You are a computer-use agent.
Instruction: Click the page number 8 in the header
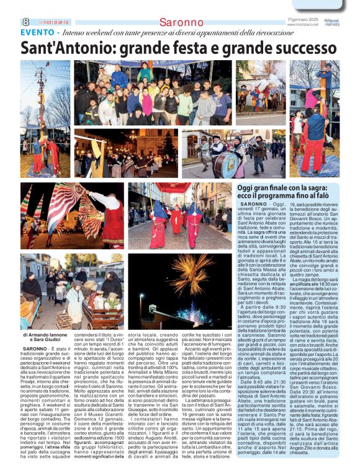[25, 22]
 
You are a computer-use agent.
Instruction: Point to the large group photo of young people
[152, 94]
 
